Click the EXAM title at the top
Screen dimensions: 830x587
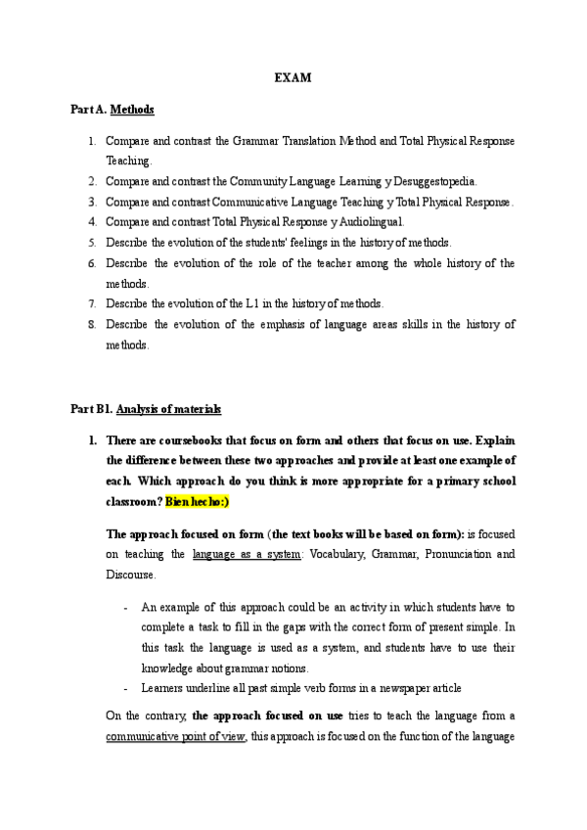pyautogui.click(x=293, y=78)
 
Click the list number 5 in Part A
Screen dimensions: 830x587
pyautogui.click(x=92, y=242)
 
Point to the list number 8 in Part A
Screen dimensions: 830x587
pyautogui.click(x=92, y=324)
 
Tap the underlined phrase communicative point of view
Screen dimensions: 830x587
pyautogui.click(x=176, y=736)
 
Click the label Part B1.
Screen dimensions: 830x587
pyautogui.click(x=91, y=409)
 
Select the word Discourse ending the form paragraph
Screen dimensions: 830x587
pyautogui.click(x=131, y=574)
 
